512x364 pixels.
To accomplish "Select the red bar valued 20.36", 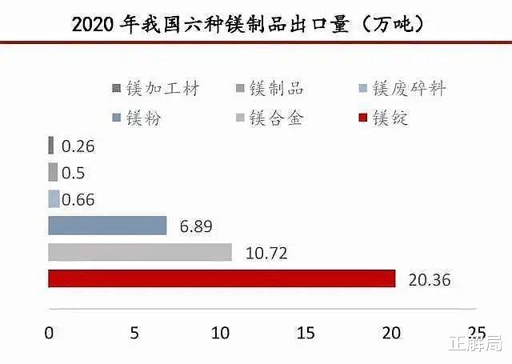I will point(222,278).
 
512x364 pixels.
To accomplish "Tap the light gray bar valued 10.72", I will point(140,252).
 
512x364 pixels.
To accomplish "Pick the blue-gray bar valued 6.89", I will point(107,226).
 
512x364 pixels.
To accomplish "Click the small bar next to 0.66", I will point(54,199).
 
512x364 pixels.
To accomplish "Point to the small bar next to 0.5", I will point(53,172).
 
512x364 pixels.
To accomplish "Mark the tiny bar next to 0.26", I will point(51,146).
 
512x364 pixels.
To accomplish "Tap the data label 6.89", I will point(195,227).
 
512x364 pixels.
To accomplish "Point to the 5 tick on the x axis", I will point(135,333).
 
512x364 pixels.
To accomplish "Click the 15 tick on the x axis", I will point(305,333).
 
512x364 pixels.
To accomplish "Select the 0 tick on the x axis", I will point(49,333).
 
